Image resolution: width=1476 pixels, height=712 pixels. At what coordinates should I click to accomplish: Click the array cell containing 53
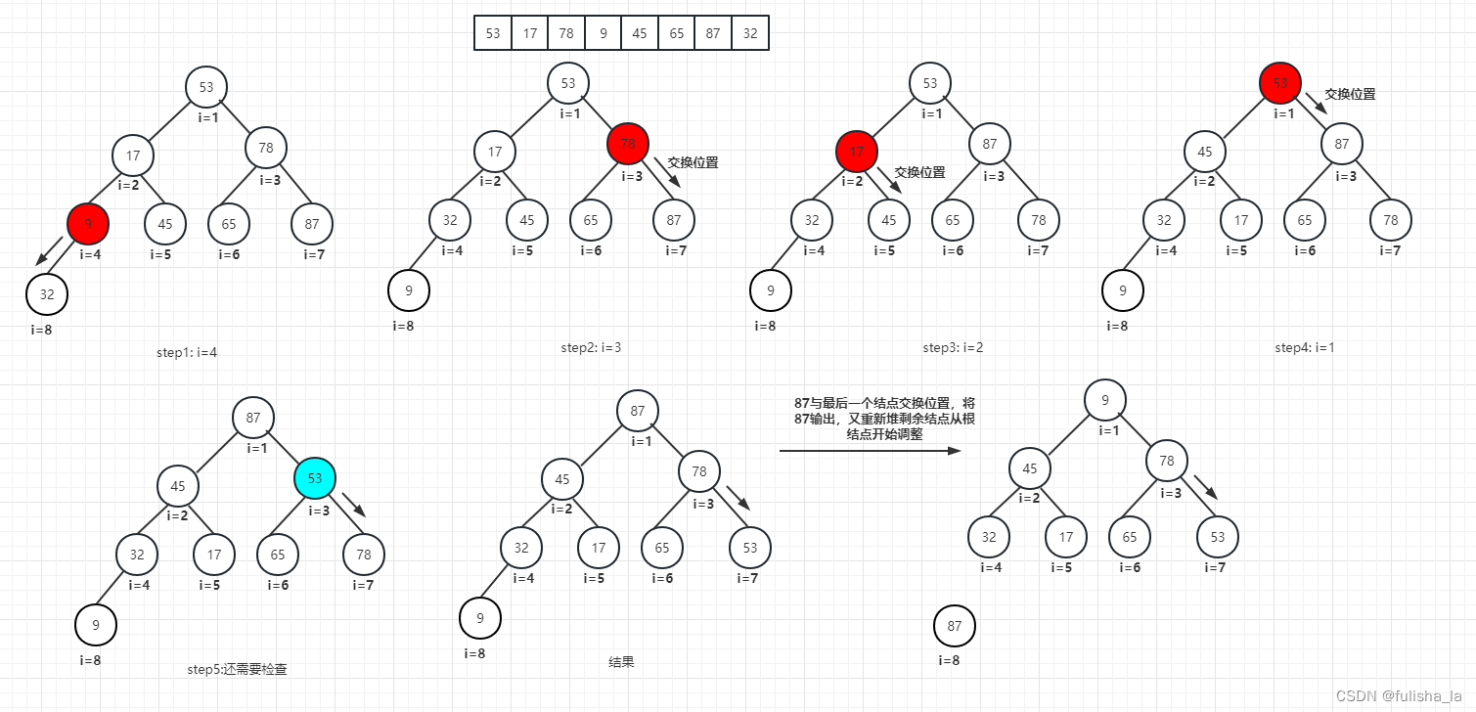point(493,33)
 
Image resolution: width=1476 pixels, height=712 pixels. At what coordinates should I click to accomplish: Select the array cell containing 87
point(713,33)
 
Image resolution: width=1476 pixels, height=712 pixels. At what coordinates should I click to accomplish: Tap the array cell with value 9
point(603,33)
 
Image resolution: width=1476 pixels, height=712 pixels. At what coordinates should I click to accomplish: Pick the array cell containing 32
point(750,33)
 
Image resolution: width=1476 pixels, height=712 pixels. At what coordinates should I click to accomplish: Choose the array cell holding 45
point(640,33)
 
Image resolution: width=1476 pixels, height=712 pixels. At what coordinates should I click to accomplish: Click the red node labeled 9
point(88,224)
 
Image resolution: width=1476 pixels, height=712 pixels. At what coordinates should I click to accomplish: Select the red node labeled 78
point(628,144)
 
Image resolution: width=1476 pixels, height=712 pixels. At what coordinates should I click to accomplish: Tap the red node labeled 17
point(857,152)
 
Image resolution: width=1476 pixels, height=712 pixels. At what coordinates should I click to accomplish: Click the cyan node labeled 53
point(315,478)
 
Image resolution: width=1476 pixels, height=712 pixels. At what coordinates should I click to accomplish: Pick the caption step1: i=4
point(187,352)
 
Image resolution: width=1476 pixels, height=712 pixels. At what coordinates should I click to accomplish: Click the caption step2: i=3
point(592,347)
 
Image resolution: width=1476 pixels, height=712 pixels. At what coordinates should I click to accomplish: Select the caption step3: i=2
point(954,347)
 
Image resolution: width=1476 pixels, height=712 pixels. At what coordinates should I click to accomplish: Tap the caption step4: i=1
point(1305,347)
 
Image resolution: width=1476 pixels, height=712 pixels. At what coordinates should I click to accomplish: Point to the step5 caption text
point(237,670)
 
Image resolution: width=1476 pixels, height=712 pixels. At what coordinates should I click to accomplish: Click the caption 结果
point(621,662)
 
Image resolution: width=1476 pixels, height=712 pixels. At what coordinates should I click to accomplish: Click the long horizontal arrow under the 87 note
point(871,451)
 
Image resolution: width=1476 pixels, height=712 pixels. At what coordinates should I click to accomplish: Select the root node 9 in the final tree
point(1105,399)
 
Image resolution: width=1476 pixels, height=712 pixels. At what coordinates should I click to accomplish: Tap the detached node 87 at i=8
point(955,627)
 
